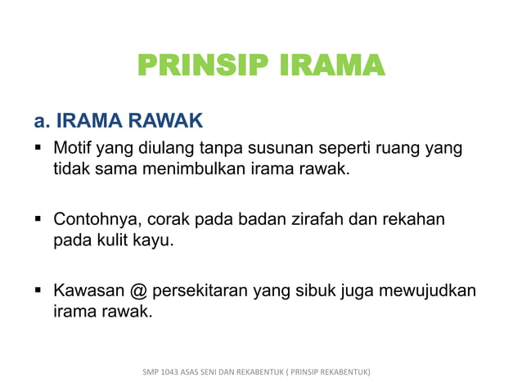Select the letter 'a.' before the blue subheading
coord(43,122)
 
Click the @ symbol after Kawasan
coord(137,290)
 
